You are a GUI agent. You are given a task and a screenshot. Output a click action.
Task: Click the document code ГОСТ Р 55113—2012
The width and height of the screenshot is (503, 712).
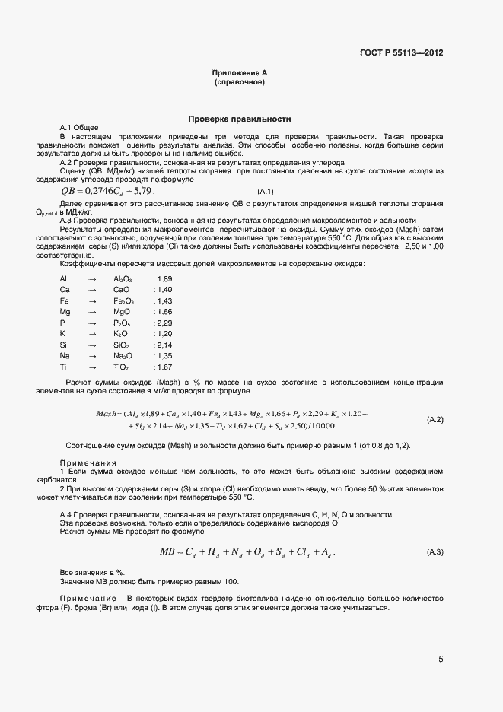(401, 52)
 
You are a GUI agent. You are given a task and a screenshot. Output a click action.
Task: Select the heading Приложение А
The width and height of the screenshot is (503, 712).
(240, 72)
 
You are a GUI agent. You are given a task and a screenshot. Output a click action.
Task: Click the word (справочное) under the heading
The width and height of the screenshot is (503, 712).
(240, 81)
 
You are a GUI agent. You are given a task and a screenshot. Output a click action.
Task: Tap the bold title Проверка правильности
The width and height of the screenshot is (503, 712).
(240, 119)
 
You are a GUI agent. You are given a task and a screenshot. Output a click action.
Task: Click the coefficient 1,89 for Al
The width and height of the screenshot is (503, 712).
(163, 279)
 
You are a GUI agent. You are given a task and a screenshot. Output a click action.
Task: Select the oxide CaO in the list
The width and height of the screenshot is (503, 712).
(121, 290)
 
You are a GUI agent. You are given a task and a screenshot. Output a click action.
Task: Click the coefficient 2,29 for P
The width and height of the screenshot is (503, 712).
(163, 323)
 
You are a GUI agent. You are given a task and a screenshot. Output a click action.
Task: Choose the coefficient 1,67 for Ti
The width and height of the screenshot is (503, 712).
(163, 367)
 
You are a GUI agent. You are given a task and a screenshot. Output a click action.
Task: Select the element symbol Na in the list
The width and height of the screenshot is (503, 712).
(65, 356)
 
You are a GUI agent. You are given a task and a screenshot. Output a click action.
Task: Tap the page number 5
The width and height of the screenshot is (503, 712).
(441, 660)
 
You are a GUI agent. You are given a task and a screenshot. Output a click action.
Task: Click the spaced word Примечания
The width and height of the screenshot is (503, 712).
(88, 462)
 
